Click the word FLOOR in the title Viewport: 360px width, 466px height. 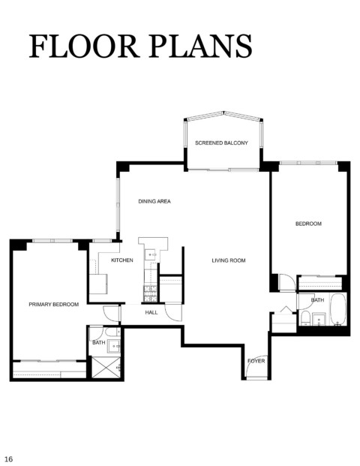pyautogui.click(x=84, y=46)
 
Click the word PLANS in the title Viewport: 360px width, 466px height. pyautogui.click(x=200, y=46)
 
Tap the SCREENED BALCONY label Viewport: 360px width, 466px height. pyautogui.click(x=221, y=143)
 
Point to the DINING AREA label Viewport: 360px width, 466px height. pyautogui.click(x=154, y=202)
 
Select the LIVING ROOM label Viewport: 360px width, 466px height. pyautogui.click(x=229, y=260)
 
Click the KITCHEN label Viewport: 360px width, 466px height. pyautogui.click(x=122, y=260)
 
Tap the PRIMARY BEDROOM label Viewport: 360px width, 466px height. pyautogui.click(x=54, y=305)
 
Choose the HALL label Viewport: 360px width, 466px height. pyautogui.click(x=151, y=313)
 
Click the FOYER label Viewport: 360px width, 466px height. pyautogui.click(x=256, y=361)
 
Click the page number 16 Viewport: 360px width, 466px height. pyautogui.click(x=8, y=459)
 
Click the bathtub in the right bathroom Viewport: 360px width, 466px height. pyautogui.click(x=338, y=309)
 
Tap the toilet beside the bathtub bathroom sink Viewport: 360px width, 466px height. pyautogui.click(x=305, y=318)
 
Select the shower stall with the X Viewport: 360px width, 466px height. pyautogui.click(x=106, y=368)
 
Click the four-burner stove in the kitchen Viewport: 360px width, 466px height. pyautogui.click(x=150, y=293)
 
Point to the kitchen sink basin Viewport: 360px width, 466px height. pyautogui.click(x=151, y=255)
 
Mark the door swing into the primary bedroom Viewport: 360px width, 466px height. pyautogui.click(x=110, y=313)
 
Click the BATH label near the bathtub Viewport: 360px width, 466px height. pyautogui.click(x=317, y=300)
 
